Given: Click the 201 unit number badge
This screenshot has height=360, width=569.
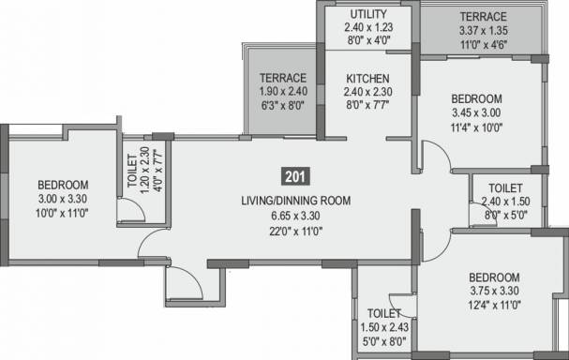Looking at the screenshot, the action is pyautogui.click(x=296, y=176).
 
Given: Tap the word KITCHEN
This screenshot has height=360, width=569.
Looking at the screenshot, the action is pyautogui.click(x=367, y=79).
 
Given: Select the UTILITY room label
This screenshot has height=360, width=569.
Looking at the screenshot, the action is pyautogui.click(x=368, y=14).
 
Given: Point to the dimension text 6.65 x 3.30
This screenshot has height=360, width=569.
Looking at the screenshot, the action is pyautogui.click(x=296, y=216).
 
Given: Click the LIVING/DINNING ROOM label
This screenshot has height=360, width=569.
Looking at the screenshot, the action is pyautogui.click(x=296, y=201).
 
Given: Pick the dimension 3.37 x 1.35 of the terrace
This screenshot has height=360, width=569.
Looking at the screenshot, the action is pyautogui.click(x=484, y=31).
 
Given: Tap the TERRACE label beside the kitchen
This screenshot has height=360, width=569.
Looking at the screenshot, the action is pyautogui.click(x=283, y=78).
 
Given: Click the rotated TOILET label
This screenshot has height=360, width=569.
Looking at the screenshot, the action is pyautogui.click(x=132, y=171).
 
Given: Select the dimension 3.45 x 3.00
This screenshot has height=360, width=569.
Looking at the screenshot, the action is pyautogui.click(x=476, y=112).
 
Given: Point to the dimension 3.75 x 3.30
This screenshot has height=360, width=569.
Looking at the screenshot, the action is pyautogui.click(x=494, y=291).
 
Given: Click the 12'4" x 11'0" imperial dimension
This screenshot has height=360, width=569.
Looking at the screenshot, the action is pyautogui.click(x=494, y=305).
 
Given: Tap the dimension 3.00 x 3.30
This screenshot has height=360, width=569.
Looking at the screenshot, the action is pyautogui.click(x=63, y=199).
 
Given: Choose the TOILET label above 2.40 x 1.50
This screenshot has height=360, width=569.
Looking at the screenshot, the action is pyautogui.click(x=505, y=188).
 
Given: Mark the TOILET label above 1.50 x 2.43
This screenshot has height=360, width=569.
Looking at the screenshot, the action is pyautogui.click(x=384, y=313).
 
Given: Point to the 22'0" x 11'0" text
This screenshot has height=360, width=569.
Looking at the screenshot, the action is pyautogui.click(x=296, y=231).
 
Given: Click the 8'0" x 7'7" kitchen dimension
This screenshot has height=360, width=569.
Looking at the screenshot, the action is pyautogui.click(x=367, y=105).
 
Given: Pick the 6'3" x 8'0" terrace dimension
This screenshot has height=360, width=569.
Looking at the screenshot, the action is pyautogui.click(x=283, y=106).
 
